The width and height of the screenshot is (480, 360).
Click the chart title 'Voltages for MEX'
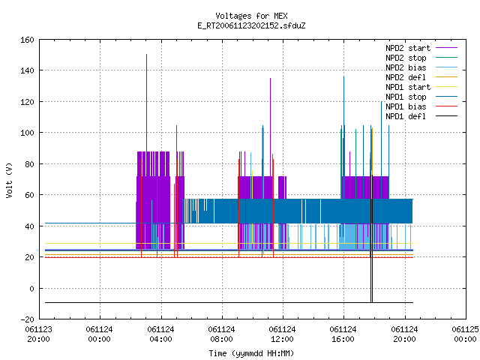251,16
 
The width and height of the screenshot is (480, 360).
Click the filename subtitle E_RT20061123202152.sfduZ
251,25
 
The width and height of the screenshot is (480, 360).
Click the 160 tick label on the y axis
27,40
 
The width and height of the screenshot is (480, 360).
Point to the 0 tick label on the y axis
31,289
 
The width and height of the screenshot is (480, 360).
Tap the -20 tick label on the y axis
27,319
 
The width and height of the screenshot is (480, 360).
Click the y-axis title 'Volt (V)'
10,180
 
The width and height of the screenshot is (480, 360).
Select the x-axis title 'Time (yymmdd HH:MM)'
251,353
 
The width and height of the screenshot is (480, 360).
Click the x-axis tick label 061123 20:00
38,334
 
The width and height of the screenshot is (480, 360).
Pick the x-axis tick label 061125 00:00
465,334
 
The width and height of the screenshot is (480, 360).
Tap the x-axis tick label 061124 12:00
282,334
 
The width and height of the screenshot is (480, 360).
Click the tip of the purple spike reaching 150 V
147,55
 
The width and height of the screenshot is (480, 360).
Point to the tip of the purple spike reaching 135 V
270,78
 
